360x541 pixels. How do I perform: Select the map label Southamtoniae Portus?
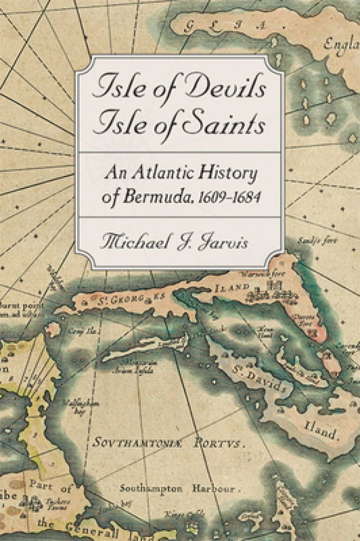click(x=168, y=443)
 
